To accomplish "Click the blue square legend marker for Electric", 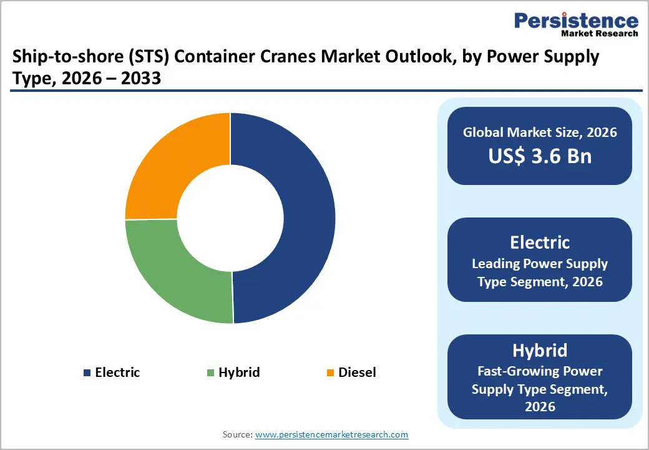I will [x=87, y=373].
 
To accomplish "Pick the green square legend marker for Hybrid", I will [x=210, y=373].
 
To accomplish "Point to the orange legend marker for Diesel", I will [x=330, y=373].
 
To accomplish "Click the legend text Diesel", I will [x=357, y=373].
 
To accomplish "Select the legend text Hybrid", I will [x=239, y=373].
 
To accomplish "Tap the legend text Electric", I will [x=117, y=373].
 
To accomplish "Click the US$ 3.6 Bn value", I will [x=540, y=156].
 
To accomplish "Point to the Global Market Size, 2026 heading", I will [x=540, y=132].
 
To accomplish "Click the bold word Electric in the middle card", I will [x=540, y=242].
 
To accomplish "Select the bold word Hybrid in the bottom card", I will [x=540, y=349].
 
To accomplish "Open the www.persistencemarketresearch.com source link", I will [x=332, y=434].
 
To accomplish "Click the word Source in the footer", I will [x=237, y=434].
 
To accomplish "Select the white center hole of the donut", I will [x=230, y=219].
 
